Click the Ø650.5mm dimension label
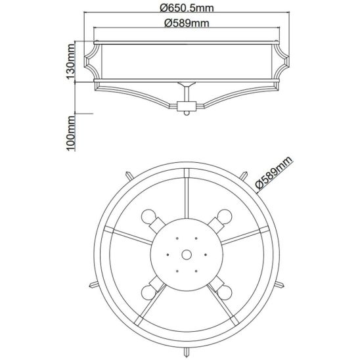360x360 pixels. point(187,9)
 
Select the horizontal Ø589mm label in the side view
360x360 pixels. point(187,23)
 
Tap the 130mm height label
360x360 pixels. point(71,61)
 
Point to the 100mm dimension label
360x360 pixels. point(71,133)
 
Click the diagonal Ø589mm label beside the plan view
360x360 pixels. point(274,173)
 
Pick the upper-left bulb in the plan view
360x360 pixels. point(148,216)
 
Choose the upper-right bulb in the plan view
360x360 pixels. point(225,216)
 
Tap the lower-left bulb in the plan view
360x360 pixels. point(148,292)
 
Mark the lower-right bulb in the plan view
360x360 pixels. point(225,292)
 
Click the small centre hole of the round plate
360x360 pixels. point(187,255)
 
